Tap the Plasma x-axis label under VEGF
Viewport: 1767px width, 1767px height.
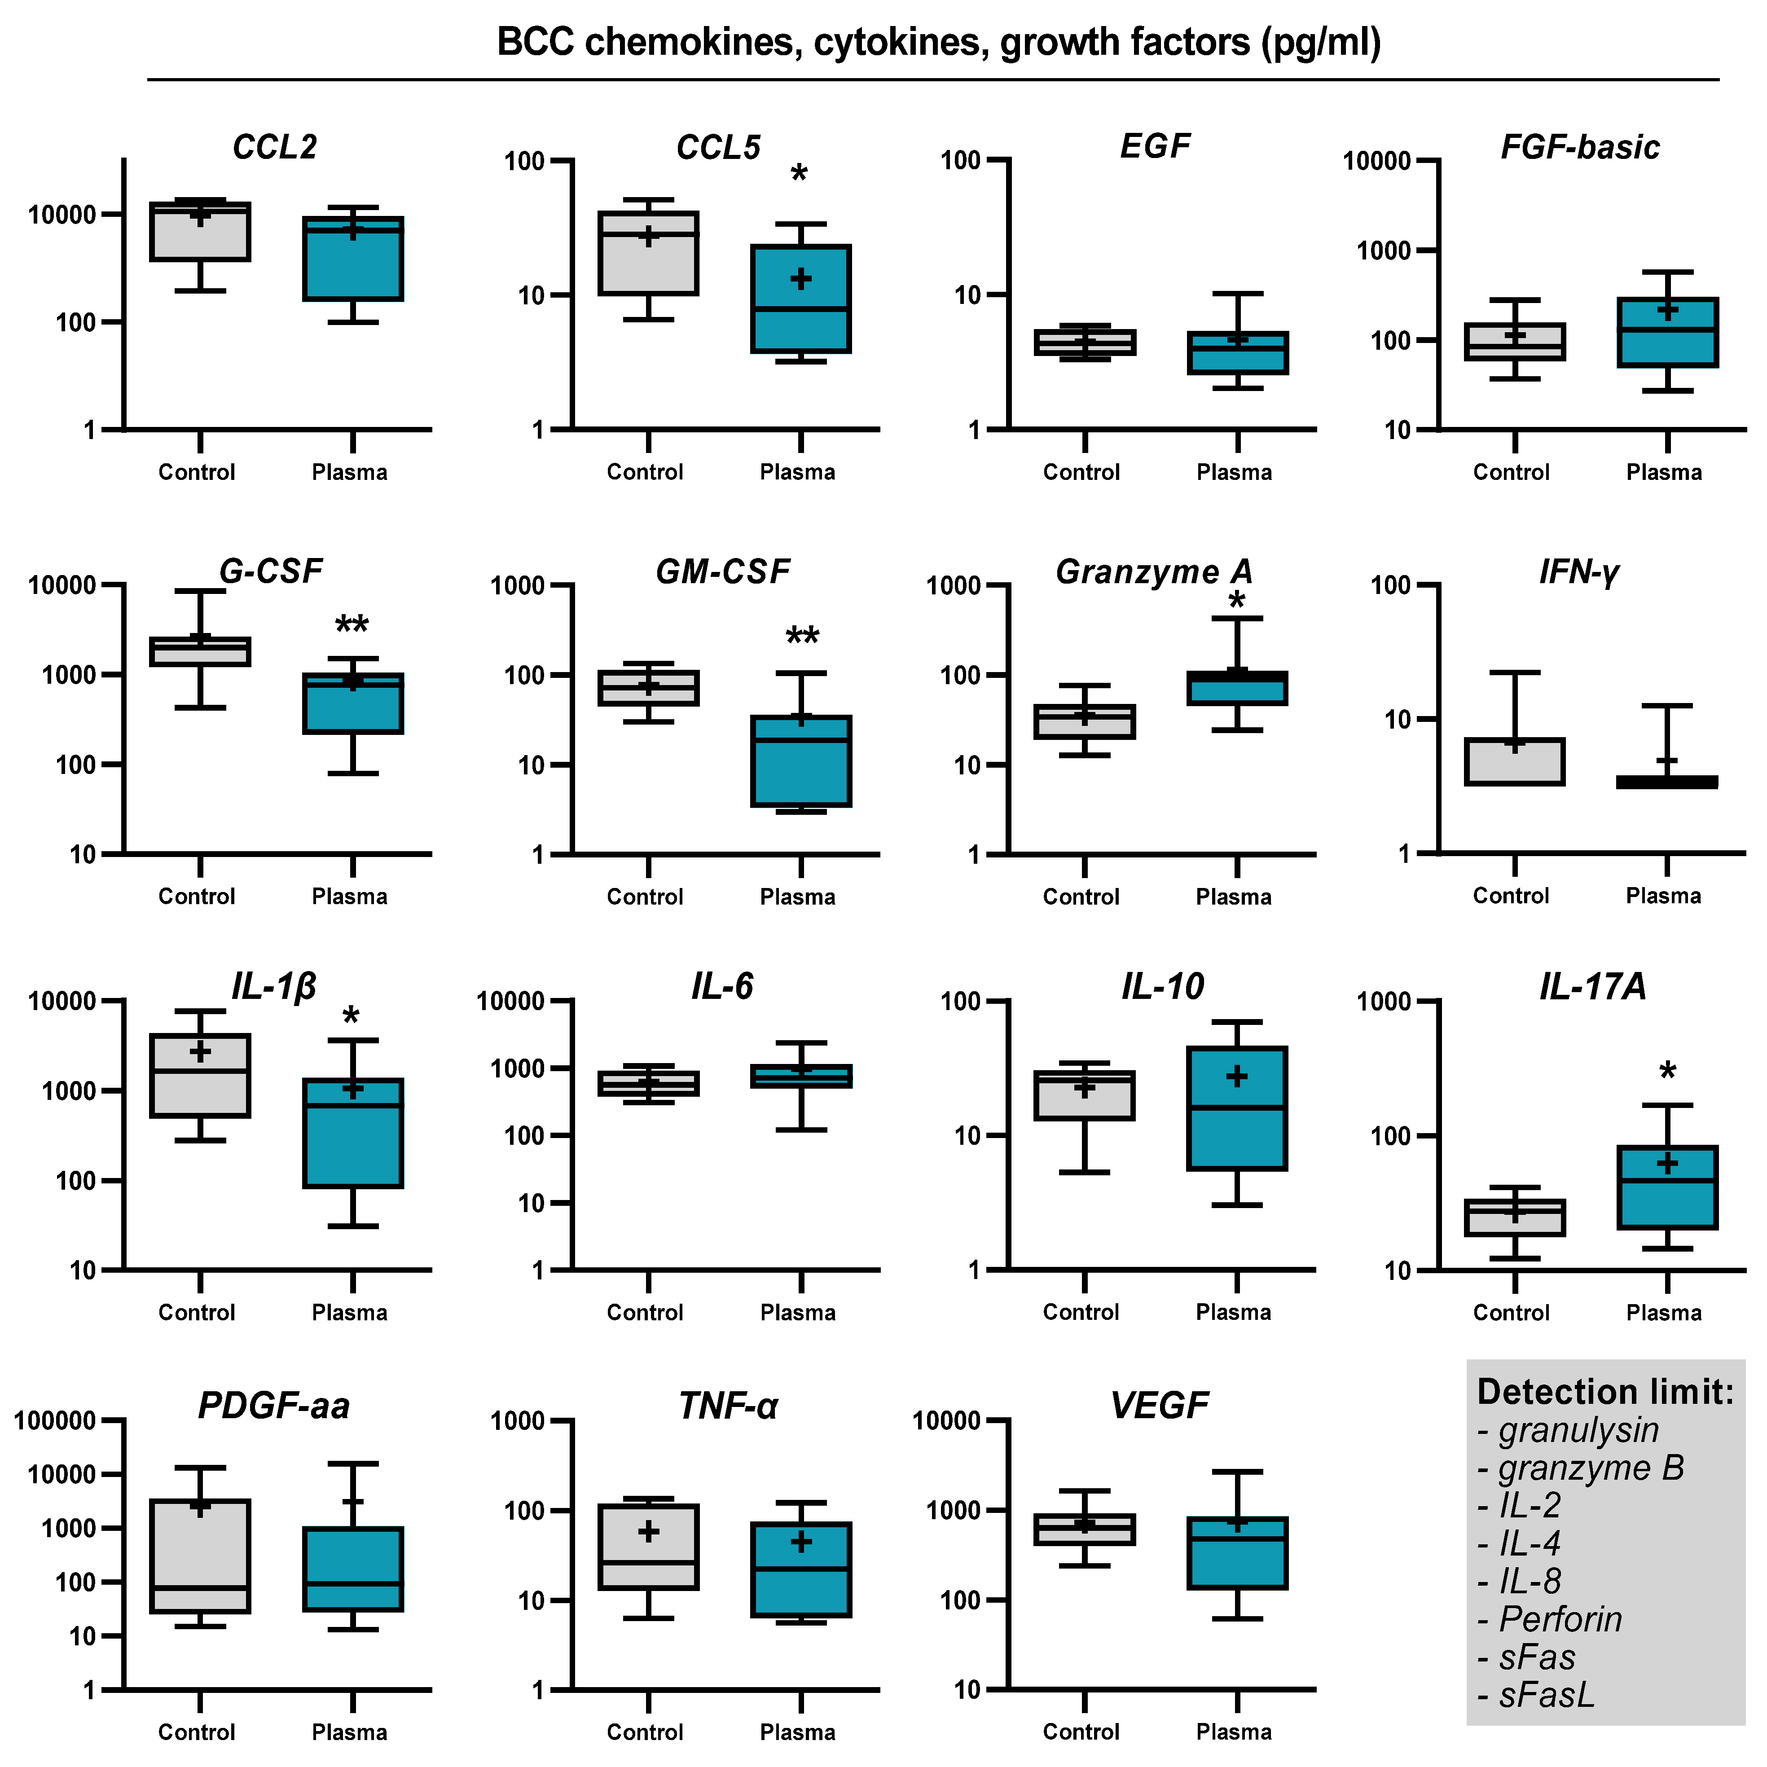point(1234,1732)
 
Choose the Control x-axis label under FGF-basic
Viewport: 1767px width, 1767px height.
point(1511,472)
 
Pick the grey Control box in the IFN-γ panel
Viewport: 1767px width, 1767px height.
point(1515,761)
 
